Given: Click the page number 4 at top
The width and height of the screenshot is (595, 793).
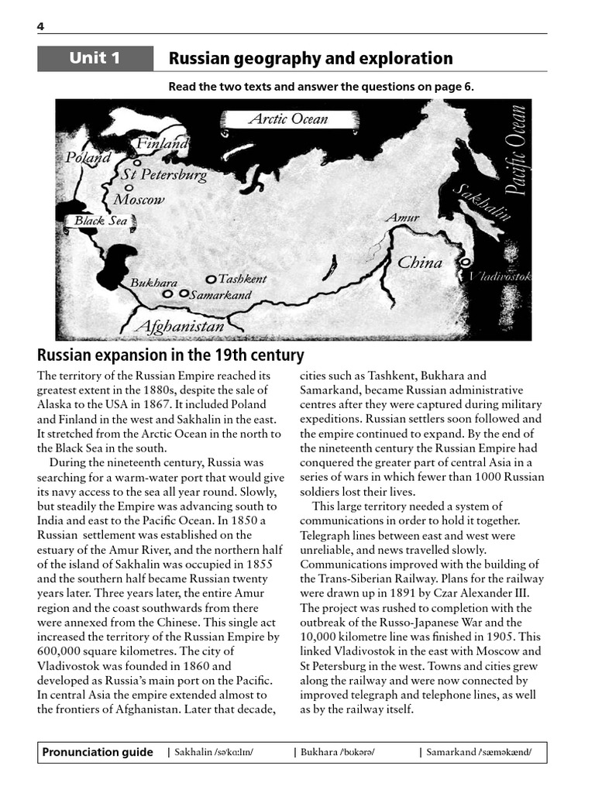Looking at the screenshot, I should coord(40,27).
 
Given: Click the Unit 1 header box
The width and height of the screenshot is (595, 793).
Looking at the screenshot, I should coord(95,59).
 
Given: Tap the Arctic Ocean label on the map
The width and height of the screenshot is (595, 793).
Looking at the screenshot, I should coord(287,119).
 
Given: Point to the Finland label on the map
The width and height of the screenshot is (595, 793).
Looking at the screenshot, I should coord(162,144).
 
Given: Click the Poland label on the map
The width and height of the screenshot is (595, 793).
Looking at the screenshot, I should coord(88,157).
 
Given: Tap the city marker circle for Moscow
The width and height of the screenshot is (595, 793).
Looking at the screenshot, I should coord(129,187).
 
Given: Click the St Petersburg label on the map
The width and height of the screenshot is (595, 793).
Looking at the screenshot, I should coord(163,175).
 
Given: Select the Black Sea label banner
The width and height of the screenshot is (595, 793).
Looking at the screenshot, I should coord(100,221).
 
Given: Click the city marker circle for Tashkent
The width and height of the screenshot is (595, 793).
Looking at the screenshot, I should coord(210,279).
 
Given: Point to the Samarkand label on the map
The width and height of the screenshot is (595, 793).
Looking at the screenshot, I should coord(221,295).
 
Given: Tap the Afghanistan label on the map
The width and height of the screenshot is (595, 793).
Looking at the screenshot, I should coord(179,326).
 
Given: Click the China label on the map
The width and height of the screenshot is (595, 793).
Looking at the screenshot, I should coord(419,263).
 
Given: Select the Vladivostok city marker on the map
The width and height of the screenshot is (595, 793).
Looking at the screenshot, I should coord(465,263).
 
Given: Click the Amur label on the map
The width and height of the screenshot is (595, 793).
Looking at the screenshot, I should coord(402,218).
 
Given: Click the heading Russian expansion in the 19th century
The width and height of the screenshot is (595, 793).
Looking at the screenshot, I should coord(170,355).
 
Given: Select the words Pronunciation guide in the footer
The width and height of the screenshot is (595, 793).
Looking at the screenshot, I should coord(98,753).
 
